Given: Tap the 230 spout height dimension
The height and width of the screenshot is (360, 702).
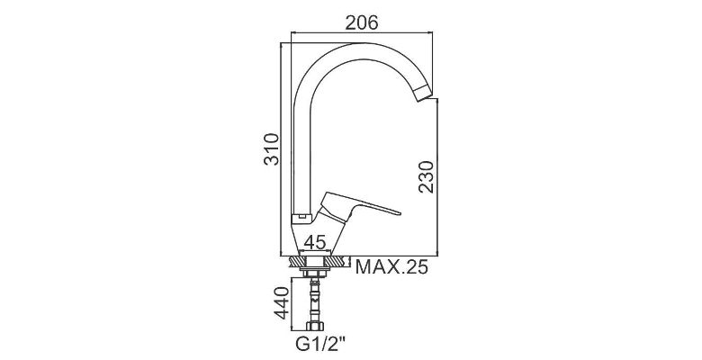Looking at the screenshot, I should pyautogui.click(x=427, y=177).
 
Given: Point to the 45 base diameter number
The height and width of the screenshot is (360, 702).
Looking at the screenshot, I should pyautogui.click(x=314, y=242).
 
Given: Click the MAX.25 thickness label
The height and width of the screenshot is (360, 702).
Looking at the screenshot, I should pyautogui.click(x=391, y=266).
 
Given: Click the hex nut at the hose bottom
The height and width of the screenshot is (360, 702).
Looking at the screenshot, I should pyautogui.click(x=315, y=326).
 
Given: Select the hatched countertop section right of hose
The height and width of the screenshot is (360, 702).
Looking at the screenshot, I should pyautogui.click(x=336, y=262).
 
